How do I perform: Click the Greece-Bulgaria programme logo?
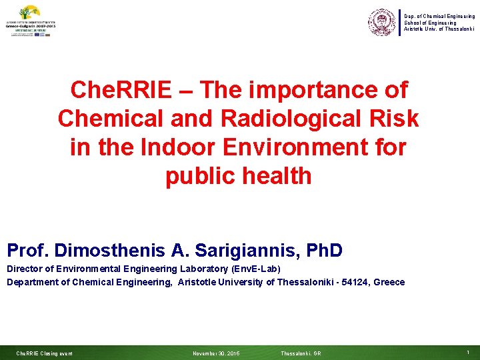pyautogui.click(x=30, y=21)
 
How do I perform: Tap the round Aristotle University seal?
pyautogui.click(x=382, y=22)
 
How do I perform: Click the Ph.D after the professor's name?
pyautogui.click(x=321, y=251)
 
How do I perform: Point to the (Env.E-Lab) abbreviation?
pyautogui.click(x=256, y=269)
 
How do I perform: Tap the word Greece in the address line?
pyautogui.click(x=389, y=282)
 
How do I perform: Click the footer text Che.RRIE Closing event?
pyautogui.click(x=44, y=353)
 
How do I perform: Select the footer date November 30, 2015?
pyautogui.click(x=215, y=353)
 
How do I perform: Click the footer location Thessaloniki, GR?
pyautogui.click(x=301, y=353)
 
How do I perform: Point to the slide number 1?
pyautogui.click(x=468, y=351)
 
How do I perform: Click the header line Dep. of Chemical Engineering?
pyautogui.click(x=439, y=16)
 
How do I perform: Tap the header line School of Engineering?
pyautogui.click(x=430, y=23)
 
